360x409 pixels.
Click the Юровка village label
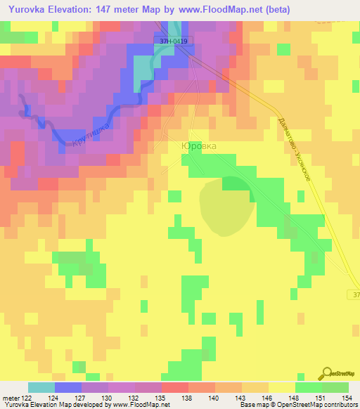click(x=199, y=145)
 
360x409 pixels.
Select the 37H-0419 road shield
click(x=173, y=41)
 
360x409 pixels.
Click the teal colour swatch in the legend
click(x=41, y=387)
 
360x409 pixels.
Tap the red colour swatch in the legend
click(x=175, y=387)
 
